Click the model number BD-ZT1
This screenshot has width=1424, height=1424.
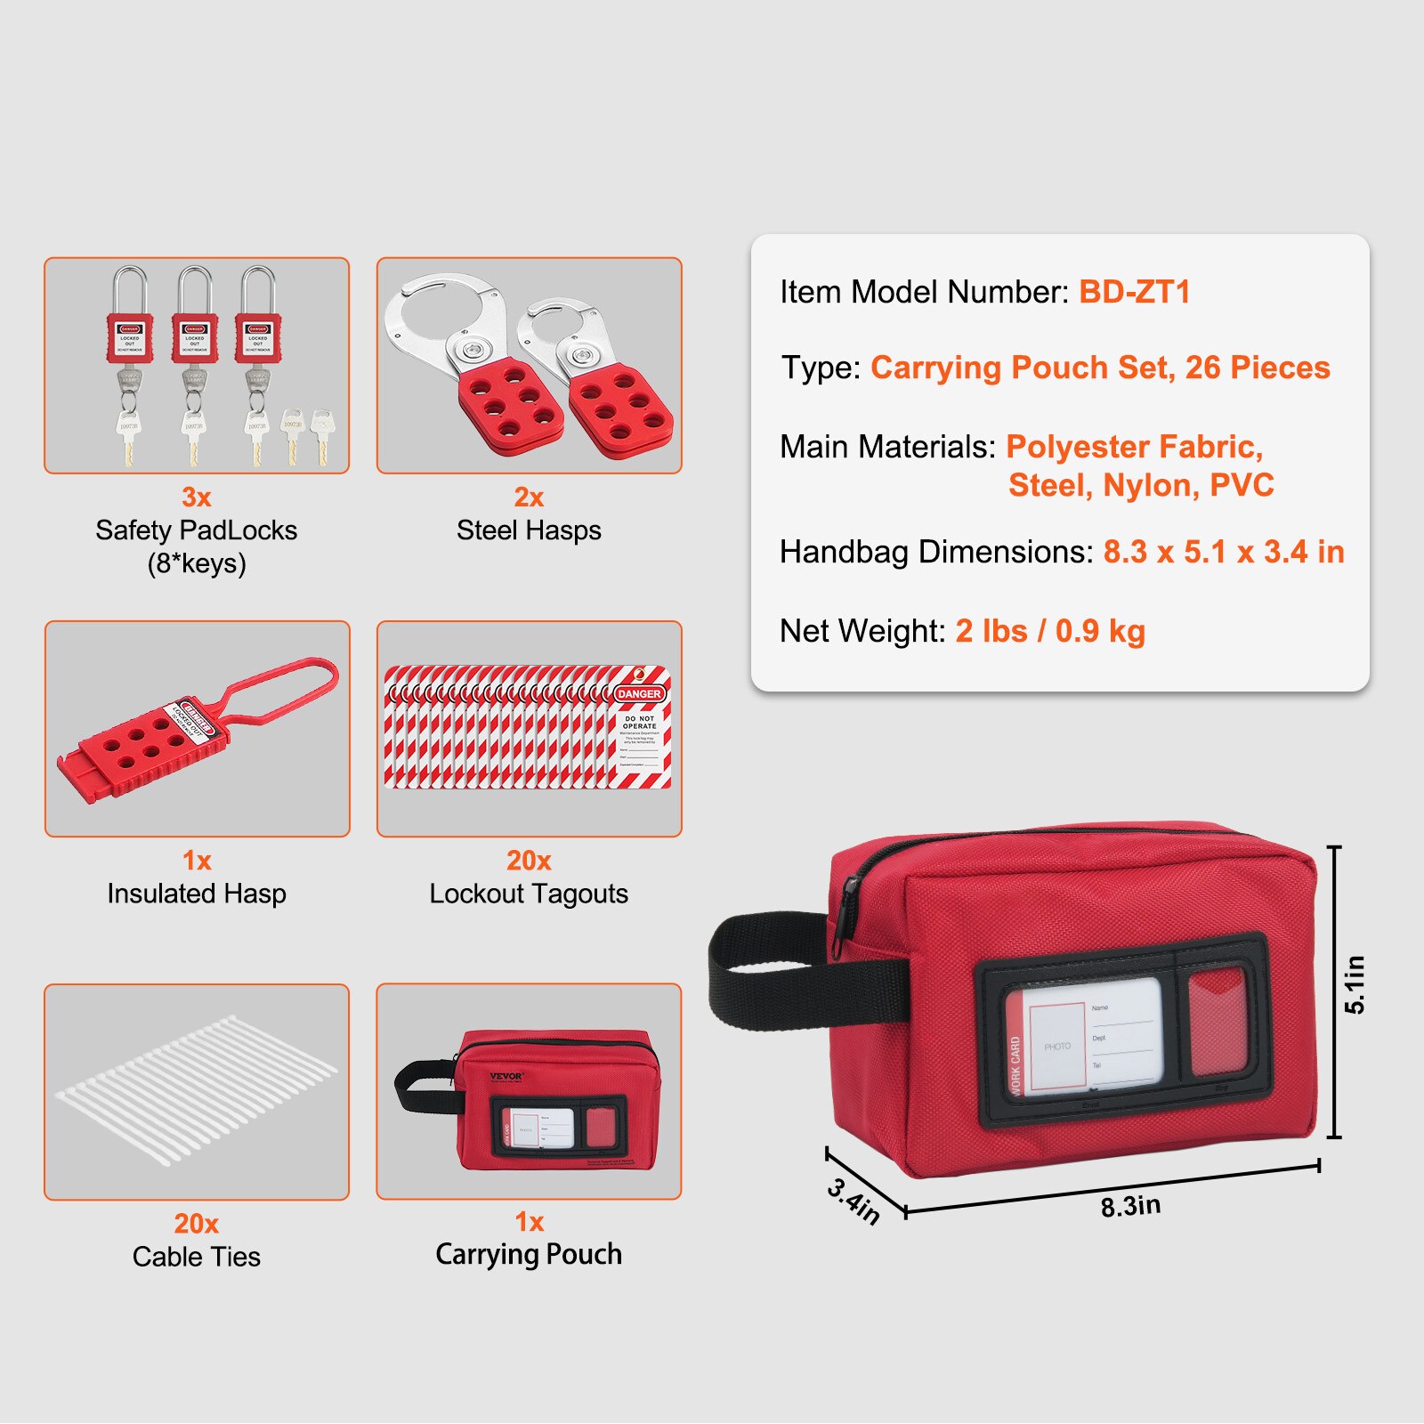(x=1134, y=292)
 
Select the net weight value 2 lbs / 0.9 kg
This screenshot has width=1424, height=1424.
(x=1050, y=631)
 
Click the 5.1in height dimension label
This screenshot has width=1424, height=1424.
(x=1354, y=984)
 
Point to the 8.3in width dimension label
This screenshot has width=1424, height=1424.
(x=1130, y=1206)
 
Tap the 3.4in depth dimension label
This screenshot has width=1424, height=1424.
(x=854, y=1201)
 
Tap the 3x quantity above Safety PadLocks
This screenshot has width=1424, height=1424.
(x=196, y=497)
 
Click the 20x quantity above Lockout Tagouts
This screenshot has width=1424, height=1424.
(x=529, y=861)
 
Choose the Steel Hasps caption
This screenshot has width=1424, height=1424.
(x=529, y=530)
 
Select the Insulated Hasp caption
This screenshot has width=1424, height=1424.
(x=197, y=894)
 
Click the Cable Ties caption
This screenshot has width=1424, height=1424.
(x=197, y=1257)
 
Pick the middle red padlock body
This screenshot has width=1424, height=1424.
(x=194, y=337)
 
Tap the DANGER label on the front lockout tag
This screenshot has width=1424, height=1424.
(x=639, y=693)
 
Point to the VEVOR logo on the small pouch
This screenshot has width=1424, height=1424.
(x=506, y=1076)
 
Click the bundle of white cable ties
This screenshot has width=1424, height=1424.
(x=196, y=1090)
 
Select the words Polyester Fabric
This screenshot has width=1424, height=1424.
(x=1134, y=447)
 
